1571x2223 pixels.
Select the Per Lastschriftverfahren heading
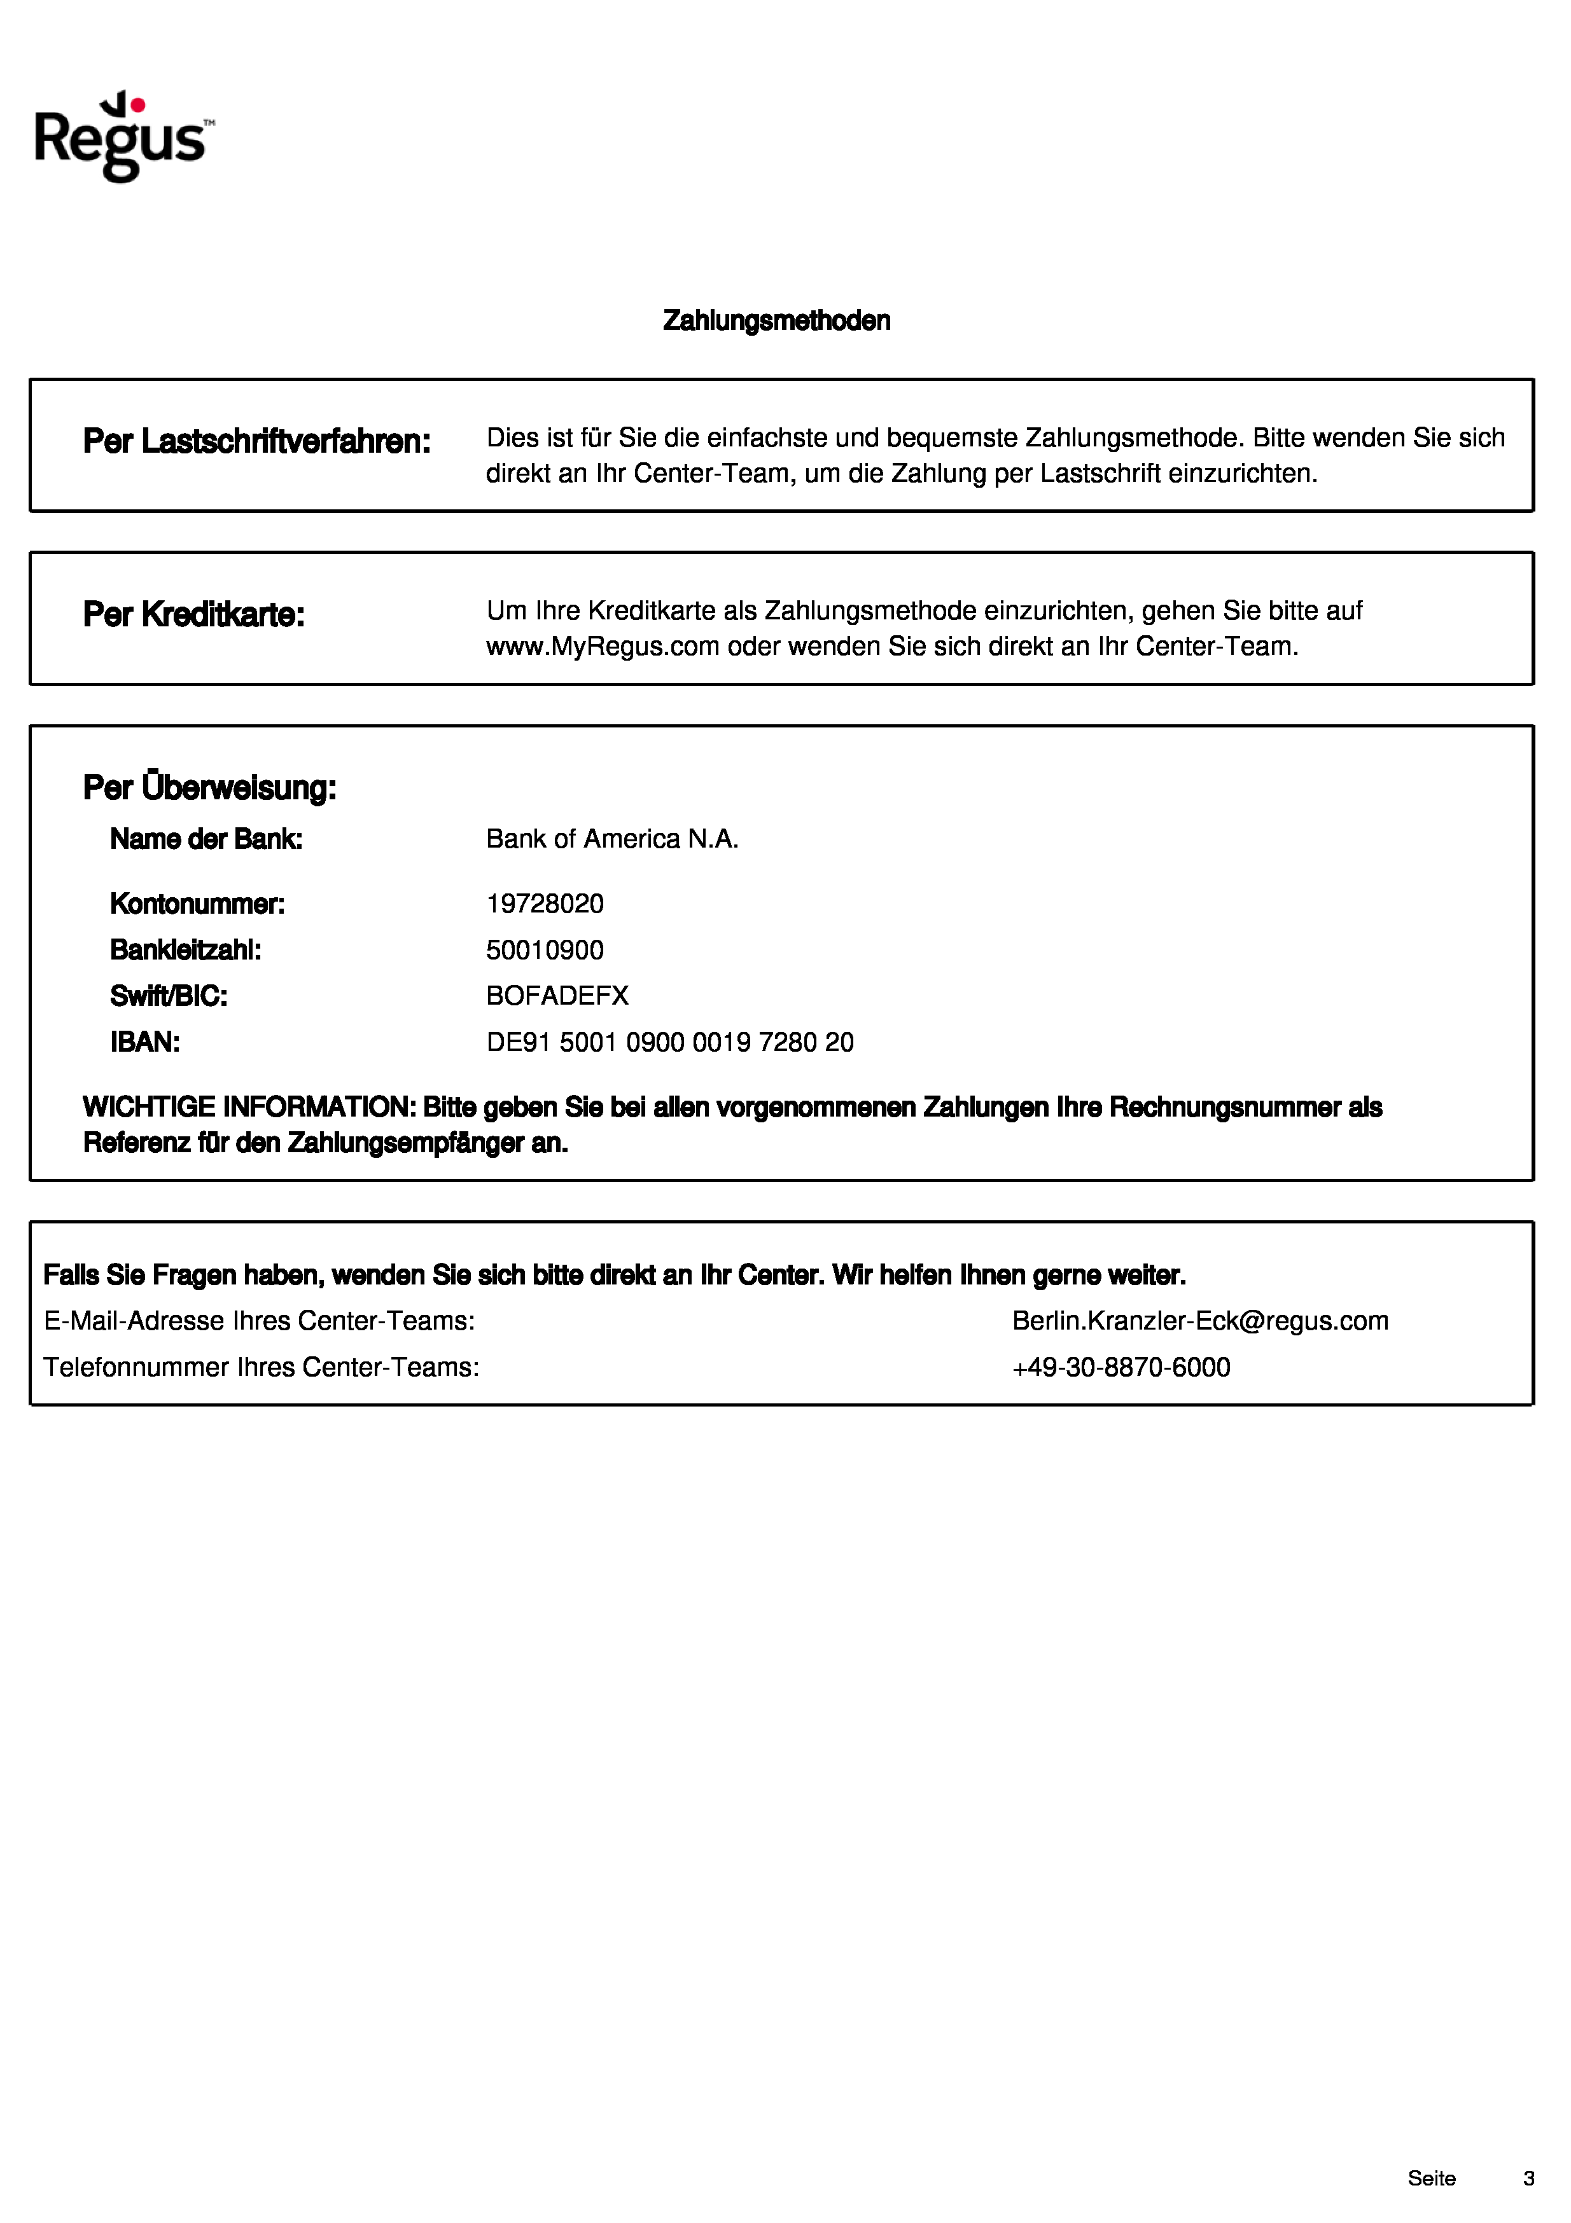pyautogui.click(x=256, y=441)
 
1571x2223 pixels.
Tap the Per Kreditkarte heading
pyautogui.click(x=193, y=615)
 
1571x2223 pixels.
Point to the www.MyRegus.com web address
pyautogui.click(x=603, y=647)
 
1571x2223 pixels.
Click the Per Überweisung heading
pyautogui.click(x=209, y=787)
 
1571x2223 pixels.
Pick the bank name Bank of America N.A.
pyautogui.click(x=612, y=839)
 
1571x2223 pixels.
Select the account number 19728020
pyautogui.click(x=544, y=904)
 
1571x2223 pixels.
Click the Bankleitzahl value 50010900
pyautogui.click(x=544, y=950)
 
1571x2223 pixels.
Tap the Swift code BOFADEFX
pyautogui.click(x=557, y=996)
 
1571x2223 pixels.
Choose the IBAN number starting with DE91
pyautogui.click(x=669, y=1043)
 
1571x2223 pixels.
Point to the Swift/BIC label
pyautogui.click(x=169, y=996)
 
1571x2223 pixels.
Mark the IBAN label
pyautogui.click(x=145, y=1043)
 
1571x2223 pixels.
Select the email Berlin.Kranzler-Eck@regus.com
pyautogui.click(x=1200, y=1321)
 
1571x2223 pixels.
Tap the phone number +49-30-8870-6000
pyautogui.click(x=1121, y=1368)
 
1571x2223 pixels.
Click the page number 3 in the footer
pyautogui.click(x=1528, y=2178)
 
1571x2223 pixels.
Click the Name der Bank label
pyautogui.click(x=206, y=839)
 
